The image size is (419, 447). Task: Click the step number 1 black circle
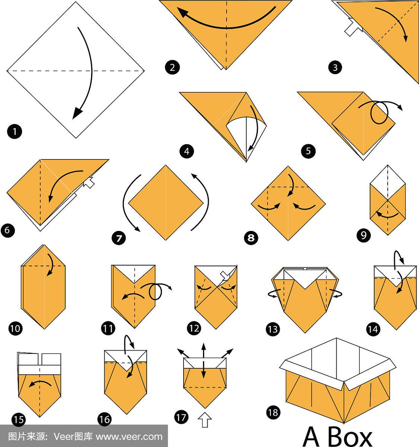(x=14, y=132)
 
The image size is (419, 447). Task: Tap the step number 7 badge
(x=119, y=238)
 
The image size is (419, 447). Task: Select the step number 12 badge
(x=194, y=328)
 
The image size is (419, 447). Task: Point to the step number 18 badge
(x=273, y=412)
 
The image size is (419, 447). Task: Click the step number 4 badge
(x=187, y=151)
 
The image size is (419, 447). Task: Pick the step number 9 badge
(x=364, y=235)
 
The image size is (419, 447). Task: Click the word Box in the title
(x=350, y=436)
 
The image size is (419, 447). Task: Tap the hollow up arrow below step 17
(x=205, y=420)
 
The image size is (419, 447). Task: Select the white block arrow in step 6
(x=89, y=182)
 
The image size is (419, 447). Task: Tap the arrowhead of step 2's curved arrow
(x=183, y=13)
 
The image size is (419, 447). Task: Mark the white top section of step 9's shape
(x=388, y=183)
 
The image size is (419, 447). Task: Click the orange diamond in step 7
(x=166, y=203)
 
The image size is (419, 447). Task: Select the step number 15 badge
(x=19, y=419)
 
